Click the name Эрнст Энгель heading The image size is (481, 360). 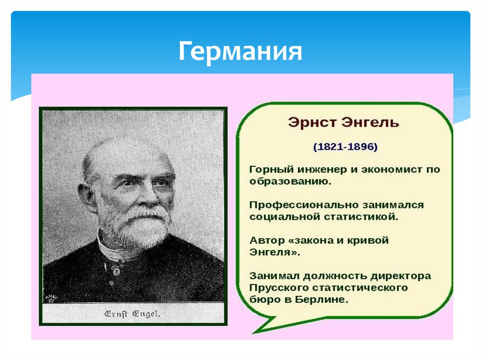click(x=343, y=123)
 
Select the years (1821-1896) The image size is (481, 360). click(x=345, y=146)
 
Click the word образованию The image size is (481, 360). click(x=290, y=182)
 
